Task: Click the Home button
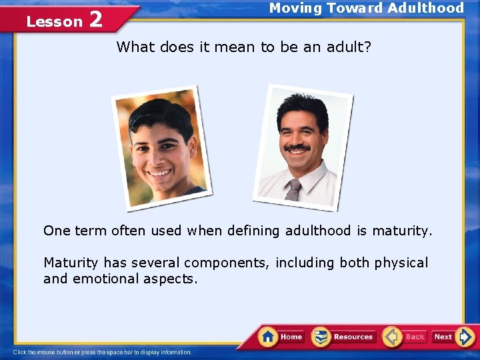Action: (x=281, y=337)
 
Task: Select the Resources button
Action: (x=344, y=337)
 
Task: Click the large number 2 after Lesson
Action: (x=95, y=20)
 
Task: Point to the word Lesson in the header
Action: (x=54, y=22)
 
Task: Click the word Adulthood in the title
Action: (x=425, y=8)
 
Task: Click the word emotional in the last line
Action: (x=104, y=279)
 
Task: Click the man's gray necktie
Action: (x=293, y=189)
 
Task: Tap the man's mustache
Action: (x=297, y=147)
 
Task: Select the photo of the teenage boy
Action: (x=161, y=148)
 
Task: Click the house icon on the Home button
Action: (x=269, y=336)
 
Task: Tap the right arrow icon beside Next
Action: (x=465, y=337)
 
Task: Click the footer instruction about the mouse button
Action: (x=103, y=352)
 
